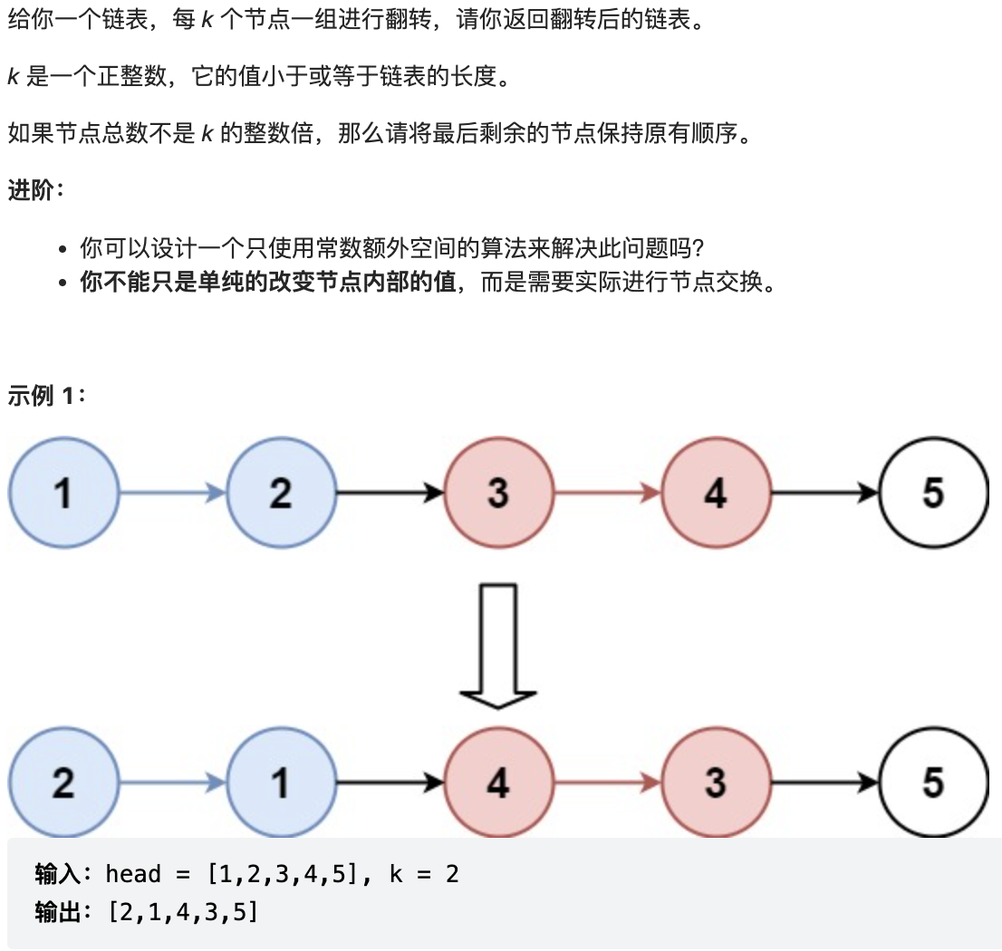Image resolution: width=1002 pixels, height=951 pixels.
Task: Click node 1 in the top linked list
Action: [x=63, y=493]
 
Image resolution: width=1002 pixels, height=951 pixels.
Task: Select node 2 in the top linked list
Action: [x=281, y=493]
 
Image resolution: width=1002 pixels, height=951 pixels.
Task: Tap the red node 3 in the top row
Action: [x=498, y=493]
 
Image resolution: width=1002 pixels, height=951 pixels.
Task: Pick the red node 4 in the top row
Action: [x=716, y=493]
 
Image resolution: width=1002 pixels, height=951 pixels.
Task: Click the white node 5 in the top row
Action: [x=933, y=493]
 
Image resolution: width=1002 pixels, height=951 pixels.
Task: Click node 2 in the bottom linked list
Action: [x=63, y=783]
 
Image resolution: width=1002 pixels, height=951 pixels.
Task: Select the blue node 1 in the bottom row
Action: [x=281, y=783]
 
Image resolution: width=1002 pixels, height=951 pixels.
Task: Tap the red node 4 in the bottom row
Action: [x=498, y=783]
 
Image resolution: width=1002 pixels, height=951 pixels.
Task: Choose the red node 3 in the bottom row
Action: [x=716, y=783]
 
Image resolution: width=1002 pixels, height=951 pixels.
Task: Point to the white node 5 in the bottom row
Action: [x=933, y=783]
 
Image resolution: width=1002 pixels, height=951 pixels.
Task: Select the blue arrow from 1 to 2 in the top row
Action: [x=172, y=493]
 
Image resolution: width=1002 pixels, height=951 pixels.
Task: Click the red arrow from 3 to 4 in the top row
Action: [x=607, y=493]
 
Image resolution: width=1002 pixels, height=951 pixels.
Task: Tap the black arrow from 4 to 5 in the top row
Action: [x=824, y=493]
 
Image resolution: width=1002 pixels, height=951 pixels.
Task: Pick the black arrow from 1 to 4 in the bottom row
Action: [x=390, y=783]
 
